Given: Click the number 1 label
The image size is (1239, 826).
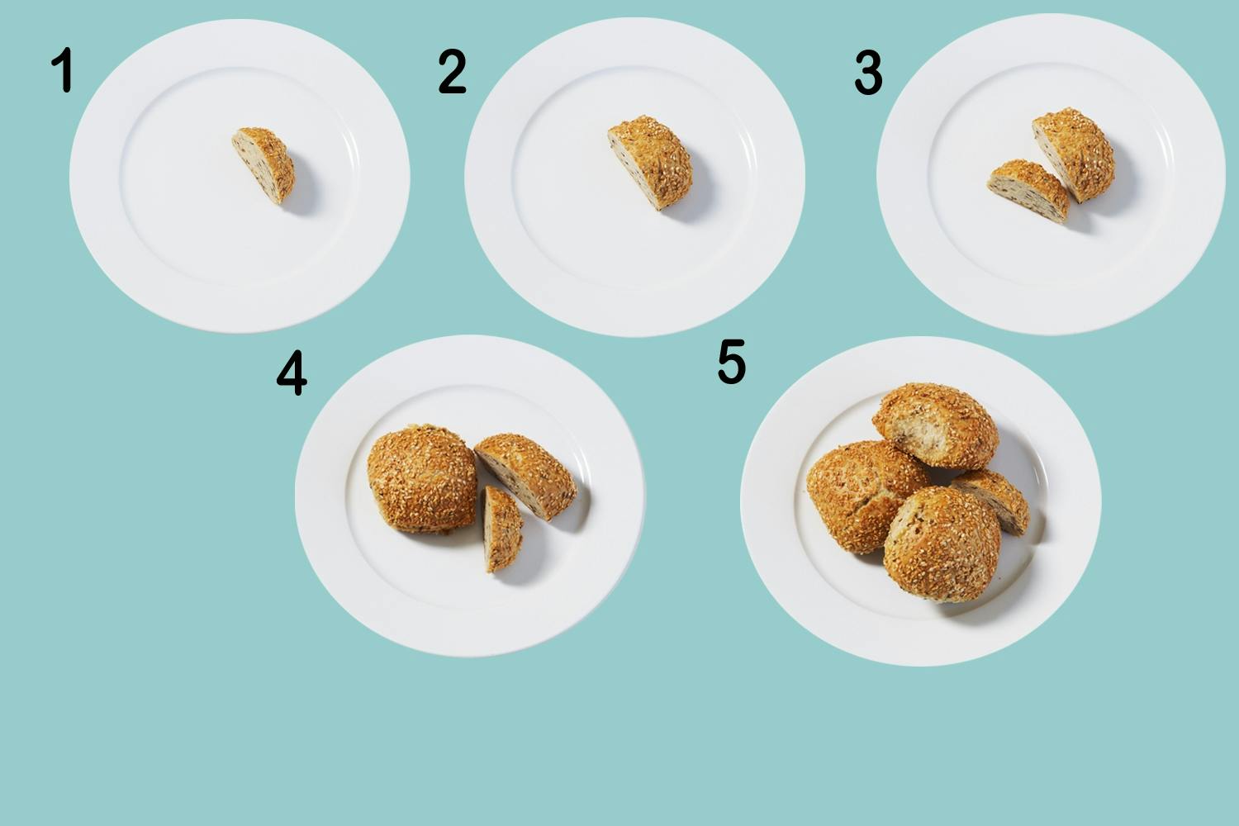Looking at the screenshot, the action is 63,69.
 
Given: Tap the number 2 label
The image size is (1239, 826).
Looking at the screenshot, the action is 452,71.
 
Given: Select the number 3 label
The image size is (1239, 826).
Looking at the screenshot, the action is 868,73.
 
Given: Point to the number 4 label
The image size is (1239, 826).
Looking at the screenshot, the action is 292,373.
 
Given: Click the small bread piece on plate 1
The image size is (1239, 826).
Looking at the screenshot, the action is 263,164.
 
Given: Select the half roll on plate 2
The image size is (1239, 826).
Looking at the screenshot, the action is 651,162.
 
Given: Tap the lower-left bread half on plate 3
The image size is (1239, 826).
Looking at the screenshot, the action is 1028,190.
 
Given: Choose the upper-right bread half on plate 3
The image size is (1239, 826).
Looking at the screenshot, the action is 1074,154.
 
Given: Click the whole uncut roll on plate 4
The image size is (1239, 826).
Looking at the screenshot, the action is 422,478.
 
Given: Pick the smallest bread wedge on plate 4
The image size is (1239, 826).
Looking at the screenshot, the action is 502,529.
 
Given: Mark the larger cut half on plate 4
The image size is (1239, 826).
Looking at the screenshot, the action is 525,475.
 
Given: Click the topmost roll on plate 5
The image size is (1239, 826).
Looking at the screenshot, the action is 936,425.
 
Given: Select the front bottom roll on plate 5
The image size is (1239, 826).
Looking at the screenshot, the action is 942,544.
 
